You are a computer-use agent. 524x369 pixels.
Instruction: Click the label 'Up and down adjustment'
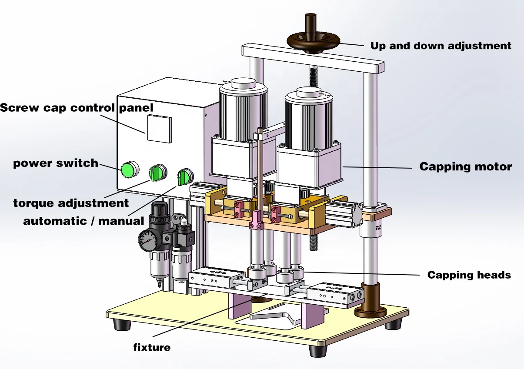(441, 46)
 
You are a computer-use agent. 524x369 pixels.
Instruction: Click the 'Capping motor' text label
(465, 166)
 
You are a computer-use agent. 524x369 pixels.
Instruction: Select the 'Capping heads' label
(469, 275)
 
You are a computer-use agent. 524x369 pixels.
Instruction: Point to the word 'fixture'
(151, 347)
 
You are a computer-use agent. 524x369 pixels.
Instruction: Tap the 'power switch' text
(56, 163)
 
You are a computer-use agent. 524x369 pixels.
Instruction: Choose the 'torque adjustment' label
(71, 203)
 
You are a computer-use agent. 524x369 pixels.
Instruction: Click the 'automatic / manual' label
(83, 221)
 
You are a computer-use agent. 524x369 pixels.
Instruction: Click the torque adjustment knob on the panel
(156, 173)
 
